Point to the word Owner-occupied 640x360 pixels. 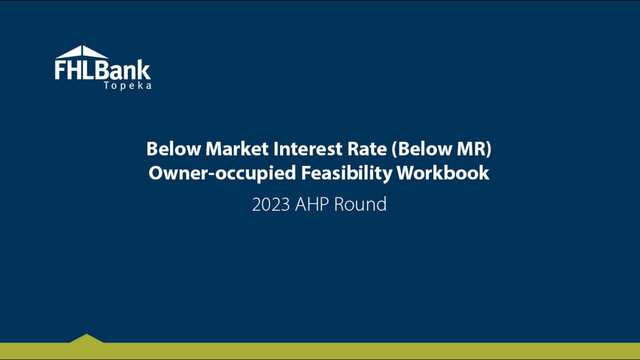222,173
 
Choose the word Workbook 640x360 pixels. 442,173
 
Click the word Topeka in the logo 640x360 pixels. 127,85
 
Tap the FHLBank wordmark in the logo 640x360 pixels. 102,70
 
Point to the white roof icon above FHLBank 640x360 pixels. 82,52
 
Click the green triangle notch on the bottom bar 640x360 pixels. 86,339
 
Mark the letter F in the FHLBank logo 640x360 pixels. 60,70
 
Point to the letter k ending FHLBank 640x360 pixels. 144,70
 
